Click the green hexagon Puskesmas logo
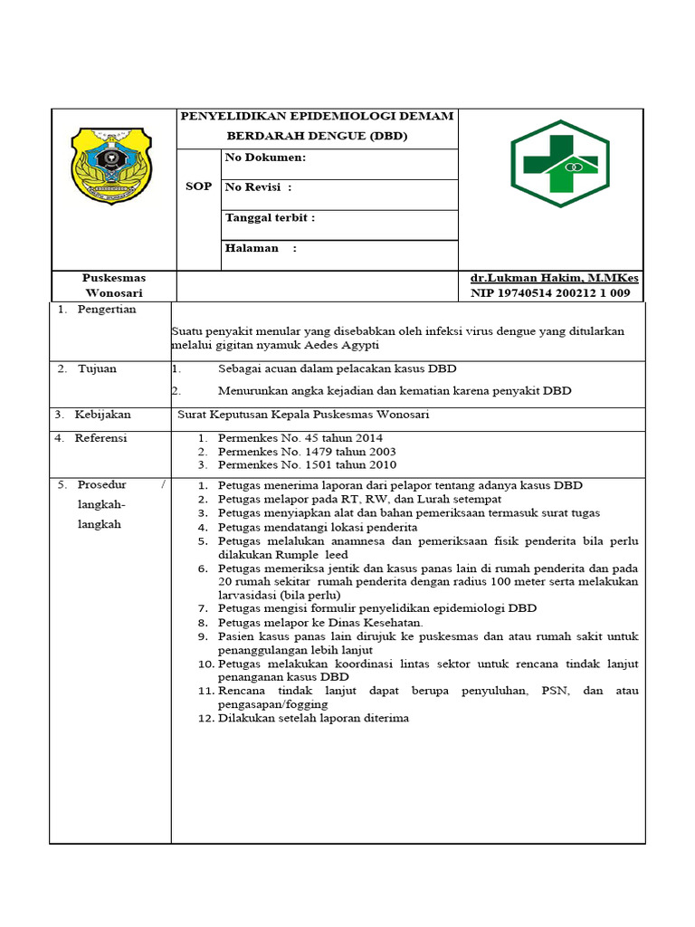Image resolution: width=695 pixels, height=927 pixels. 559,164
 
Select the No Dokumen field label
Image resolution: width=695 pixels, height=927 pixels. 265,157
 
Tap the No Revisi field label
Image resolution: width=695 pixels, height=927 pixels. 258,187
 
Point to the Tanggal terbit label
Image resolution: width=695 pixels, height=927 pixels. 270,218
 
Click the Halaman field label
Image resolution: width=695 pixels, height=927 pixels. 261,248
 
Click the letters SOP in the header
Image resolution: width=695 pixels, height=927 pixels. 199,186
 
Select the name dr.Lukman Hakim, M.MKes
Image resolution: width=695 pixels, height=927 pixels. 553,279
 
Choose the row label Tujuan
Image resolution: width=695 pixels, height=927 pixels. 97,368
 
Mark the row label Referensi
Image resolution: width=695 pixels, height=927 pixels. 101,438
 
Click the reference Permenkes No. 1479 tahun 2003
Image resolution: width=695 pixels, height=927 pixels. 307,452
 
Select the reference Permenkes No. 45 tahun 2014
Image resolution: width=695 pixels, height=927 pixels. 300,438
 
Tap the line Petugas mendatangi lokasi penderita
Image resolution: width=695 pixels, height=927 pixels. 318,527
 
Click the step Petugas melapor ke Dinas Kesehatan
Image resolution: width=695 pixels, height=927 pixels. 320,623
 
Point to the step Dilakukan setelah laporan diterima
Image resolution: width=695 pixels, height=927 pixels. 313,718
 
